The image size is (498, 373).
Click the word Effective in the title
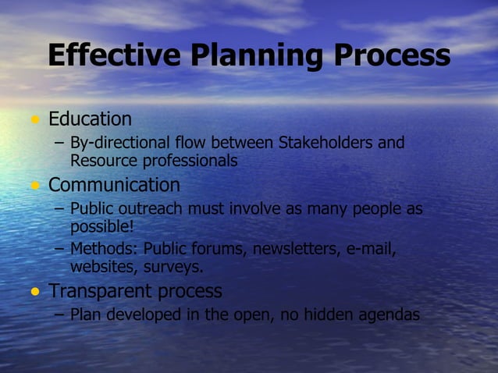pyautogui.click(x=113, y=55)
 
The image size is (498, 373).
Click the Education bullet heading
pyautogui.click(x=90, y=119)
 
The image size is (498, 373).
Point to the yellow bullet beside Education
pyautogui.click(x=34, y=120)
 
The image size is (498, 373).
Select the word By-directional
pyautogui.click(x=119, y=143)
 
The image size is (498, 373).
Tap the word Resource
pyautogui.click(x=101, y=162)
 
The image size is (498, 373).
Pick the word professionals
pyautogui.click(x=187, y=162)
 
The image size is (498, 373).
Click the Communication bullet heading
pyautogui.click(x=114, y=186)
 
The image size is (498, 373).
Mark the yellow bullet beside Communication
pyautogui.click(x=34, y=186)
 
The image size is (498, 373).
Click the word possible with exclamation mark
pyautogui.click(x=102, y=227)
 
